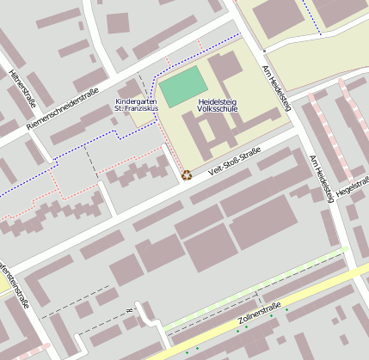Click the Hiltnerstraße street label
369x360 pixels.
(x=18, y=87)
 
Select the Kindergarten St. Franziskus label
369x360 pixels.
(x=136, y=106)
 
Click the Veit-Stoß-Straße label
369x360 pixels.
(x=235, y=162)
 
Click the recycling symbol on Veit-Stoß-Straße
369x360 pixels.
(x=187, y=175)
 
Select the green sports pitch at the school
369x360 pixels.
(x=183, y=86)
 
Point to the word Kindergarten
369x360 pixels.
(x=136, y=101)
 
